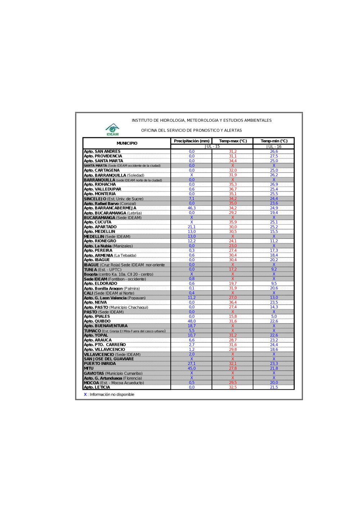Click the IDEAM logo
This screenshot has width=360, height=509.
pyautogui.click(x=112, y=129)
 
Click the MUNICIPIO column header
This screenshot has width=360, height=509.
pyautogui.click(x=127, y=143)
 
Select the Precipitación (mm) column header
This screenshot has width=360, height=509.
pyautogui.click(x=192, y=141)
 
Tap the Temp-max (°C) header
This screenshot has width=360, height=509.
pyautogui.click(x=233, y=141)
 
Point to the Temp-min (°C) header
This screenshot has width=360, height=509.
pyautogui.click(x=274, y=141)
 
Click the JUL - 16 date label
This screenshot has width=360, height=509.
pyautogui.click(x=274, y=147)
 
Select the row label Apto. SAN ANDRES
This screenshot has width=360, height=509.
pyautogui.click(x=102, y=152)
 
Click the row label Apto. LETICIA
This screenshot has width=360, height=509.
pyautogui.click(x=97, y=387)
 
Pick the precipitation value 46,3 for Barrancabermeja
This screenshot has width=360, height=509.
pyautogui.click(x=192, y=208)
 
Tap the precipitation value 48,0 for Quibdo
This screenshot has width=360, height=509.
pyautogui.click(x=192, y=321)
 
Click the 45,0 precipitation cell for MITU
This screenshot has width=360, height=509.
pyautogui.click(x=192, y=369)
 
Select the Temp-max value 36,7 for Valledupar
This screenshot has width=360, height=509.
pyautogui.click(x=233, y=189)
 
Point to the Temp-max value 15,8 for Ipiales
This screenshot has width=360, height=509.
pyautogui.click(x=233, y=317)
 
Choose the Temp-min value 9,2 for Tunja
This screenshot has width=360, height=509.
pyautogui.click(x=274, y=269)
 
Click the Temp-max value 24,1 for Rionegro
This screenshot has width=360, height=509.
pyautogui.click(x=233, y=241)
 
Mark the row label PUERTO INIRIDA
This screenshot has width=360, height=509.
pyautogui.click(x=100, y=364)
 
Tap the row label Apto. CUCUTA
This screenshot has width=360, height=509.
pyautogui.click(x=98, y=222)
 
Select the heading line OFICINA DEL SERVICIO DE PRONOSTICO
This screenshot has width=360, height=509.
pyautogui.click(x=192, y=130)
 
